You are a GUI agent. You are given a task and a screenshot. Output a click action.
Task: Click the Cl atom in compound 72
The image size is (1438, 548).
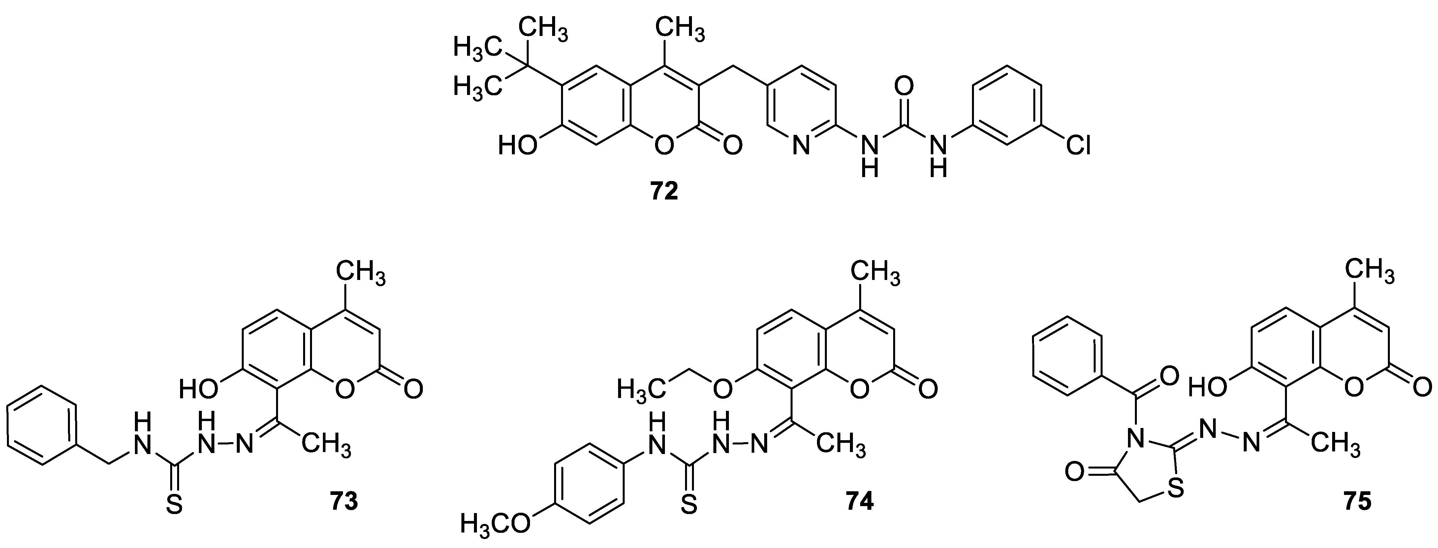pos(1078,146)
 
